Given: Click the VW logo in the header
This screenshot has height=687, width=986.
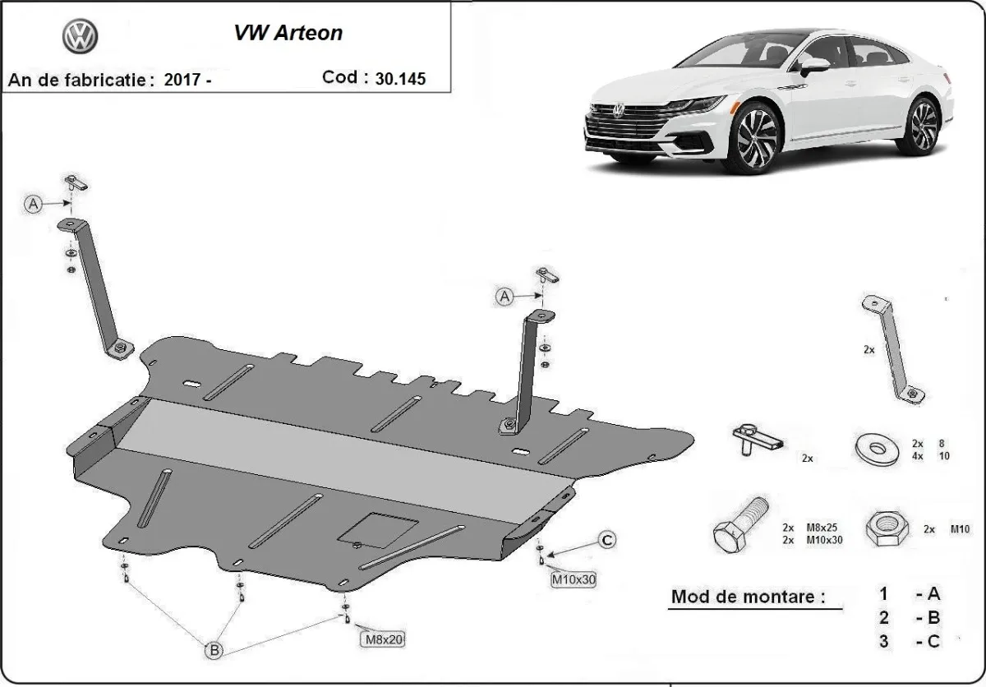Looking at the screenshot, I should click(80, 36).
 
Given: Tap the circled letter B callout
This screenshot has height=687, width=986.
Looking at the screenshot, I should click(214, 650).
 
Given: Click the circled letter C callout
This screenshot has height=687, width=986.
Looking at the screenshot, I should click(606, 540).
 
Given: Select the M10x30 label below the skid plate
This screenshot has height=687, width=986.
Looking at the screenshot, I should click(573, 579).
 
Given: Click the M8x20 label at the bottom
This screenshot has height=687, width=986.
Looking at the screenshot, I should click(382, 638).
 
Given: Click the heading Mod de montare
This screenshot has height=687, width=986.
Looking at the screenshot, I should click(748, 597).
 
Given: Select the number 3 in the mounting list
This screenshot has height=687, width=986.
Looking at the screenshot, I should click(883, 642).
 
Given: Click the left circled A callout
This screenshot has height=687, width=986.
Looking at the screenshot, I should click(33, 204).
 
